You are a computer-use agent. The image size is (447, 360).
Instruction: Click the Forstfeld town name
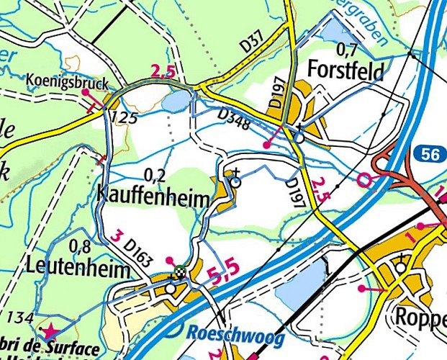(x=344, y=71)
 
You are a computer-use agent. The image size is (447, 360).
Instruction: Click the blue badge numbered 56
(x=426, y=153)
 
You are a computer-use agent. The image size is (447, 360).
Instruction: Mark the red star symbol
(x=50, y=332)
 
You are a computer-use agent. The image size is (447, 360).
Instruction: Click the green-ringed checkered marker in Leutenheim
(x=179, y=271)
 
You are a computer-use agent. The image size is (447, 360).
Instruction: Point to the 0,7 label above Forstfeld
(x=348, y=49)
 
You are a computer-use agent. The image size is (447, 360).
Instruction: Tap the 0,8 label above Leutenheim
(x=81, y=246)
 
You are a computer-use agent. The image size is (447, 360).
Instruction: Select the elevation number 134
(x=17, y=318)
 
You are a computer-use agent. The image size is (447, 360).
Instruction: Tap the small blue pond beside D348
(x=176, y=103)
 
